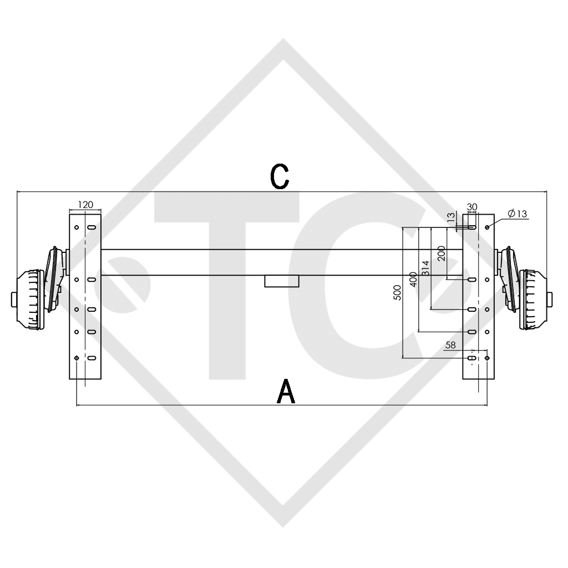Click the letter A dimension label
pyautogui.click(x=286, y=392)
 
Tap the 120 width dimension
pyautogui.click(x=85, y=205)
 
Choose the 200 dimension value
pyautogui.click(x=441, y=253)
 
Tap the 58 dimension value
pyautogui.click(x=450, y=345)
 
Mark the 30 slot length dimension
pyautogui.click(x=472, y=207)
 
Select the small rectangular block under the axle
pyautogui.click(x=282, y=281)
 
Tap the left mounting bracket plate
pyautogui.click(x=85, y=333)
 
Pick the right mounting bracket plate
pyautogui.click(x=478, y=333)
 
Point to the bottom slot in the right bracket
pyautogui.click(x=471, y=359)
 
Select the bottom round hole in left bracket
pyautogui.click(x=77, y=359)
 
